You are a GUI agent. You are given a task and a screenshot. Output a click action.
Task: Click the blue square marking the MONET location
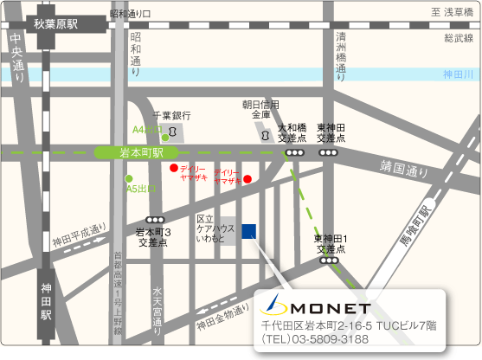(x=249, y=230)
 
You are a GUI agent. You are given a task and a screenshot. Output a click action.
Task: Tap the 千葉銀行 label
(x=171, y=115)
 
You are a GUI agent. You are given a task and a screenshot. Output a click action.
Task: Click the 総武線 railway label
(x=459, y=38)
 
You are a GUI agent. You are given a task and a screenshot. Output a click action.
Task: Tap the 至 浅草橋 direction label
(x=453, y=12)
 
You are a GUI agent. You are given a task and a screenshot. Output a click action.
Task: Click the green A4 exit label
(x=147, y=130)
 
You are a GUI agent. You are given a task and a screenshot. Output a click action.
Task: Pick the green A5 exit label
(x=141, y=188)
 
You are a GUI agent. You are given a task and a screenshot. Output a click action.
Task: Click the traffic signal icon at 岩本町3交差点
(x=155, y=219)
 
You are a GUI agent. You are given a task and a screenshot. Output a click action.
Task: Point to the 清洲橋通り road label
(x=342, y=55)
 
